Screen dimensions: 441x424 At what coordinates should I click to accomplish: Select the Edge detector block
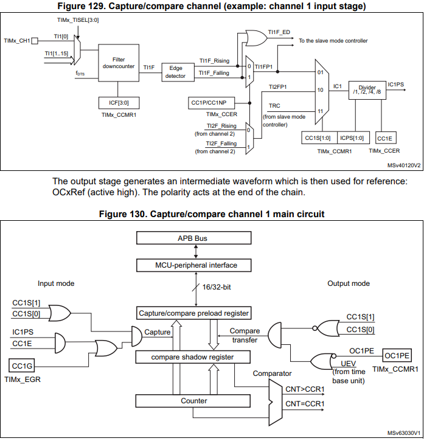click(x=175, y=72)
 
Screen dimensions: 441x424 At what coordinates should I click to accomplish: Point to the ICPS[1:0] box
click(x=352, y=138)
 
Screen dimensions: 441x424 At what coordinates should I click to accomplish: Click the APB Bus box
click(x=192, y=238)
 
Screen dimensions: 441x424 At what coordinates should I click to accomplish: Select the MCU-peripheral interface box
click(x=192, y=265)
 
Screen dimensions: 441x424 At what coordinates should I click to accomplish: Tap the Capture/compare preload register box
click(x=193, y=313)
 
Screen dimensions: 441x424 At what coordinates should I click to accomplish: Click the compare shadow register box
click(x=192, y=357)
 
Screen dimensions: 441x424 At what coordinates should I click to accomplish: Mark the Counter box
click(x=193, y=401)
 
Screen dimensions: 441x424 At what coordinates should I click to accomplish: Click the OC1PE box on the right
click(x=397, y=355)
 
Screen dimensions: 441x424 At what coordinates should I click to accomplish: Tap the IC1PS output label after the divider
click(x=397, y=84)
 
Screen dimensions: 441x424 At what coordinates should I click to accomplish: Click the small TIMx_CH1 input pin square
click(x=35, y=41)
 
